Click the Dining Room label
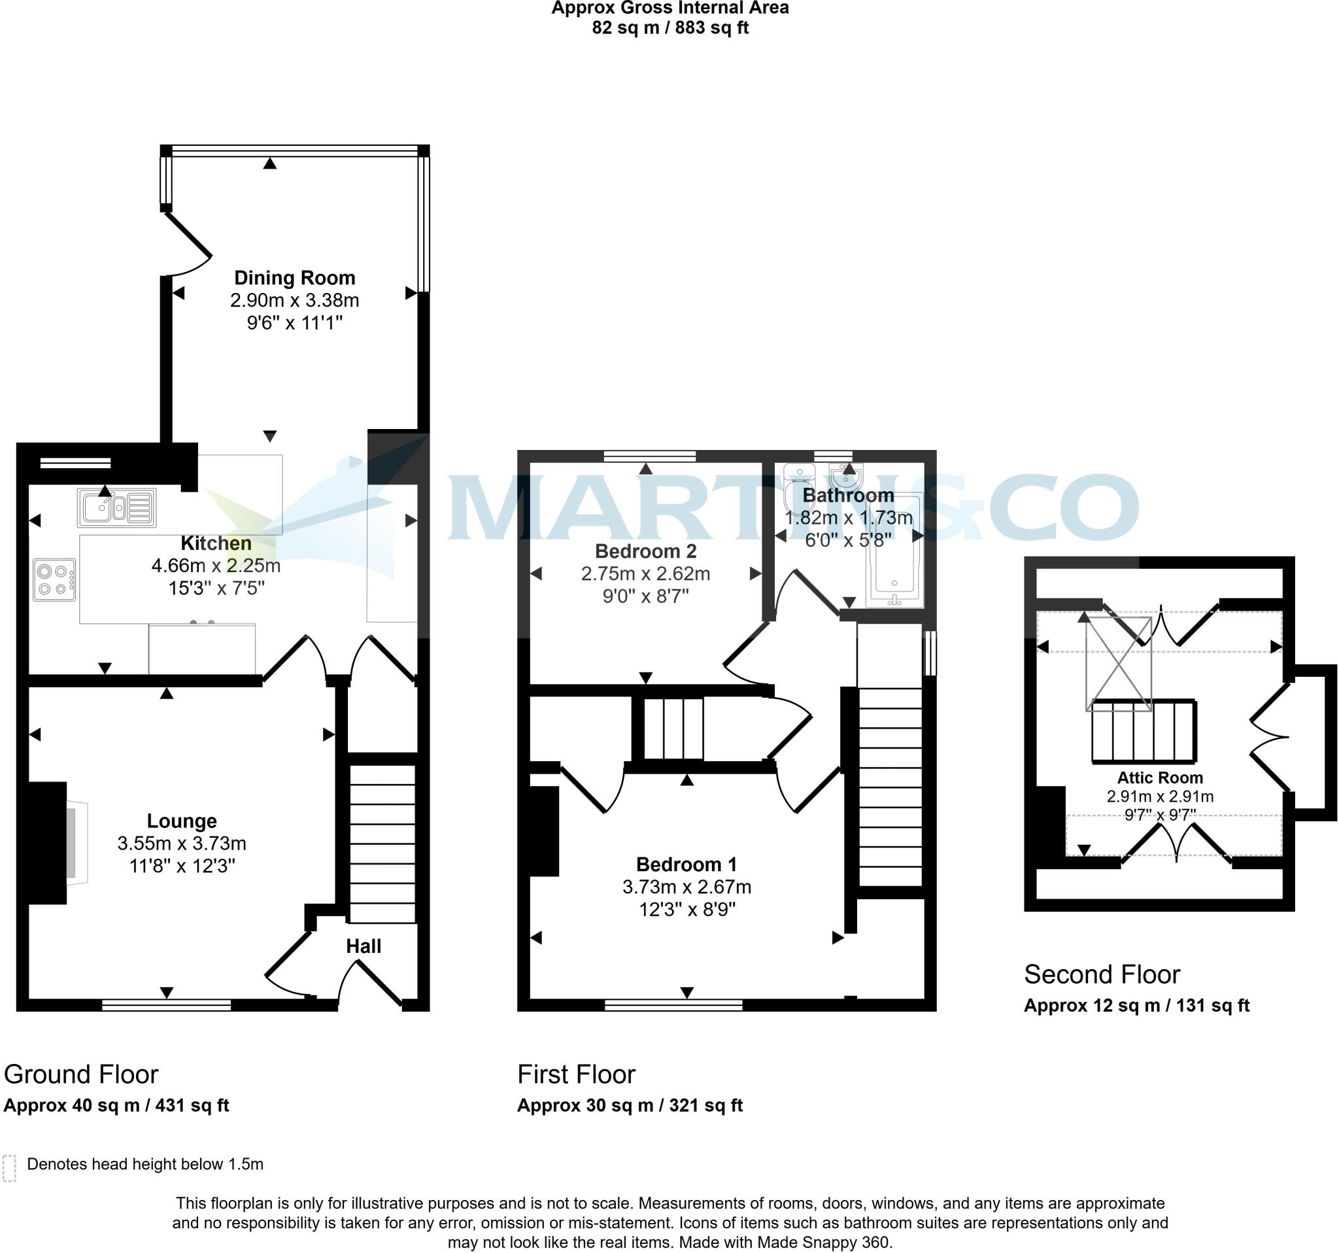[294, 277]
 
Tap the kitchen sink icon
[116, 507]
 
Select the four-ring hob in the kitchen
[54, 580]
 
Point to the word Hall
[363, 946]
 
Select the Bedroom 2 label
[645, 551]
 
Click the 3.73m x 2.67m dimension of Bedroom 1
[686, 887]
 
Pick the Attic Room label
[1160, 778]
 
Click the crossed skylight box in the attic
[1118, 664]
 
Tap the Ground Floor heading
[81, 1074]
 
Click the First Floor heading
[576, 1074]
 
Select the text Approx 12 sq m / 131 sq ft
[1136, 1005]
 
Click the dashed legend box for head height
[9, 1168]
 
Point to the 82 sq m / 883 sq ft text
[670, 27]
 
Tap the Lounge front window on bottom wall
[166, 1005]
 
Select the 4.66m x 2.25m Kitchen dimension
[216, 565]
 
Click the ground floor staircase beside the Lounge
[382, 842]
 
